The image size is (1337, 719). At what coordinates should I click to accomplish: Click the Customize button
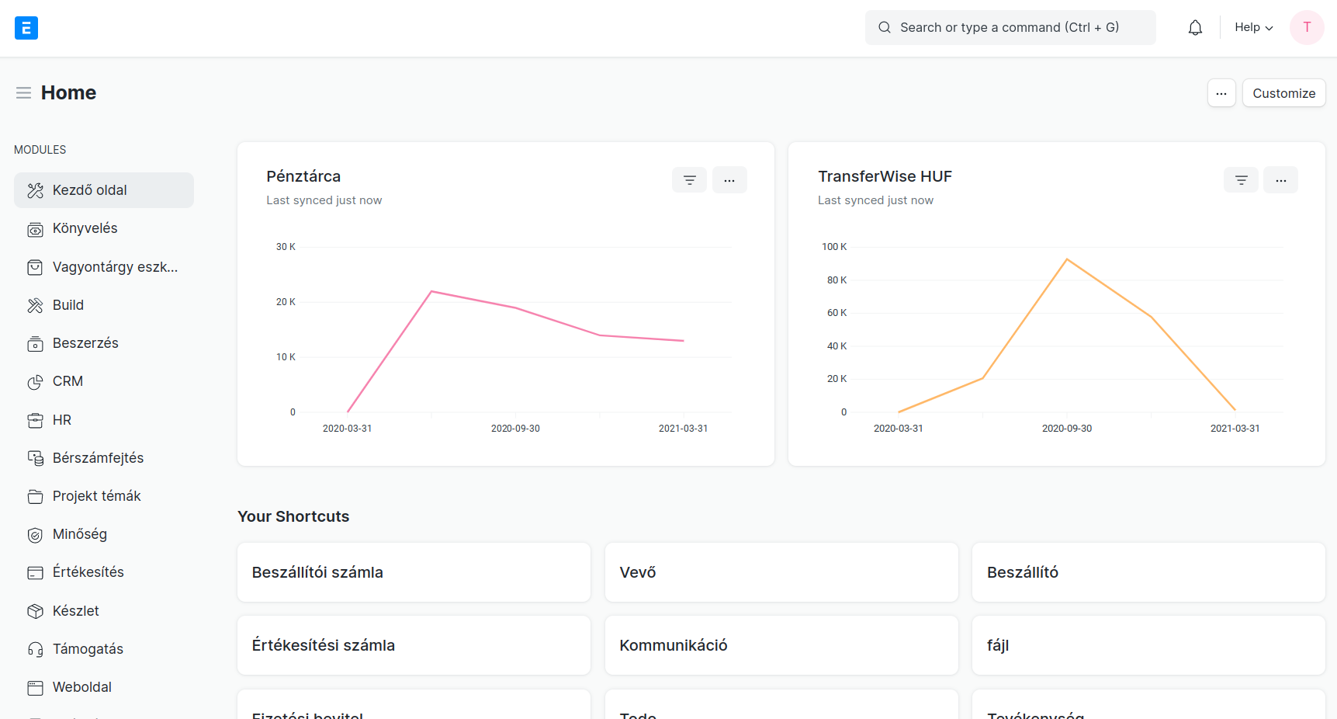tap(1283, 93)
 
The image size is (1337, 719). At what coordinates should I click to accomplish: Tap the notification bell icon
tap(1195, 28)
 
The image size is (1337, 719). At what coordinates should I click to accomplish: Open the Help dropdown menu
tap(1253, 28)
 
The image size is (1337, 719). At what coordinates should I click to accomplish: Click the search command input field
tap(1010, 28)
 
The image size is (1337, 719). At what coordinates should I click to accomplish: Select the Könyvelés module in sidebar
tap(85, 228)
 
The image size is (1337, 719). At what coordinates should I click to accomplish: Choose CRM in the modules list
tap(68, 381)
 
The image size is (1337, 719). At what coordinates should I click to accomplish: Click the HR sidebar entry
tap(62, 420)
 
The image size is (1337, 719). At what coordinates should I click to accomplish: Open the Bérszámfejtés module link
tap(98, 458)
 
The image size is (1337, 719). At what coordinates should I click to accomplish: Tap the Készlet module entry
tap(76, 611)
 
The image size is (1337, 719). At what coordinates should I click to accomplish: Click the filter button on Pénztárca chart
tap(689, 180)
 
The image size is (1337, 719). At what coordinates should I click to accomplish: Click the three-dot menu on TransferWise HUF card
tap(1280, 180)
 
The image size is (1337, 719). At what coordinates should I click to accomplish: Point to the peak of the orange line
tap(1067, 259)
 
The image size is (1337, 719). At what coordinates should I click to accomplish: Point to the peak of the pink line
tap(431, 291)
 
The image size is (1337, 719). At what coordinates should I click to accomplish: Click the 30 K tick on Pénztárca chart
tap(286, 247)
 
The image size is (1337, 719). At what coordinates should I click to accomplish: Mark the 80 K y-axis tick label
tap(836, 280)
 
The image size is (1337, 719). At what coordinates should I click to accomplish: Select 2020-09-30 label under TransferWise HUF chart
tap(1066, 429)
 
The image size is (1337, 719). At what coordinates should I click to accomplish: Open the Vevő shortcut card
tap(781, 572)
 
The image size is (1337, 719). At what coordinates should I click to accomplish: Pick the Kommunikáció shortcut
tap(781, 645)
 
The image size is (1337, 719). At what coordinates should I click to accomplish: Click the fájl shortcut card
tap(1148, 645)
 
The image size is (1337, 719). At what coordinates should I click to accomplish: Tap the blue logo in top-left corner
tap(26, 28)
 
